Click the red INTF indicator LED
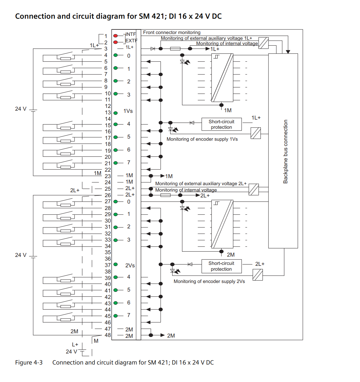115,36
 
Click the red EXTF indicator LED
115,42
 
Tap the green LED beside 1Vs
115,113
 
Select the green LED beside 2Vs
115,264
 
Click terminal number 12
108,106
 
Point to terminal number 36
108,259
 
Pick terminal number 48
108,335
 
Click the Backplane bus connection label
285,151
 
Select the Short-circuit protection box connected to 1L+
222,124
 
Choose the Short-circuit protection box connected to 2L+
222,266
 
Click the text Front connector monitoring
172,32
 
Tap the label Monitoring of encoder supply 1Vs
202,139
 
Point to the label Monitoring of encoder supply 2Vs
209,281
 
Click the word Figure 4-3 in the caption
29,363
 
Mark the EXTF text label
131,41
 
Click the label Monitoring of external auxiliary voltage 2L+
201,184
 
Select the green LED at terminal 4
115,55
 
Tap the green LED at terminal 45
115,316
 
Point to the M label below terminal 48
96,341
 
